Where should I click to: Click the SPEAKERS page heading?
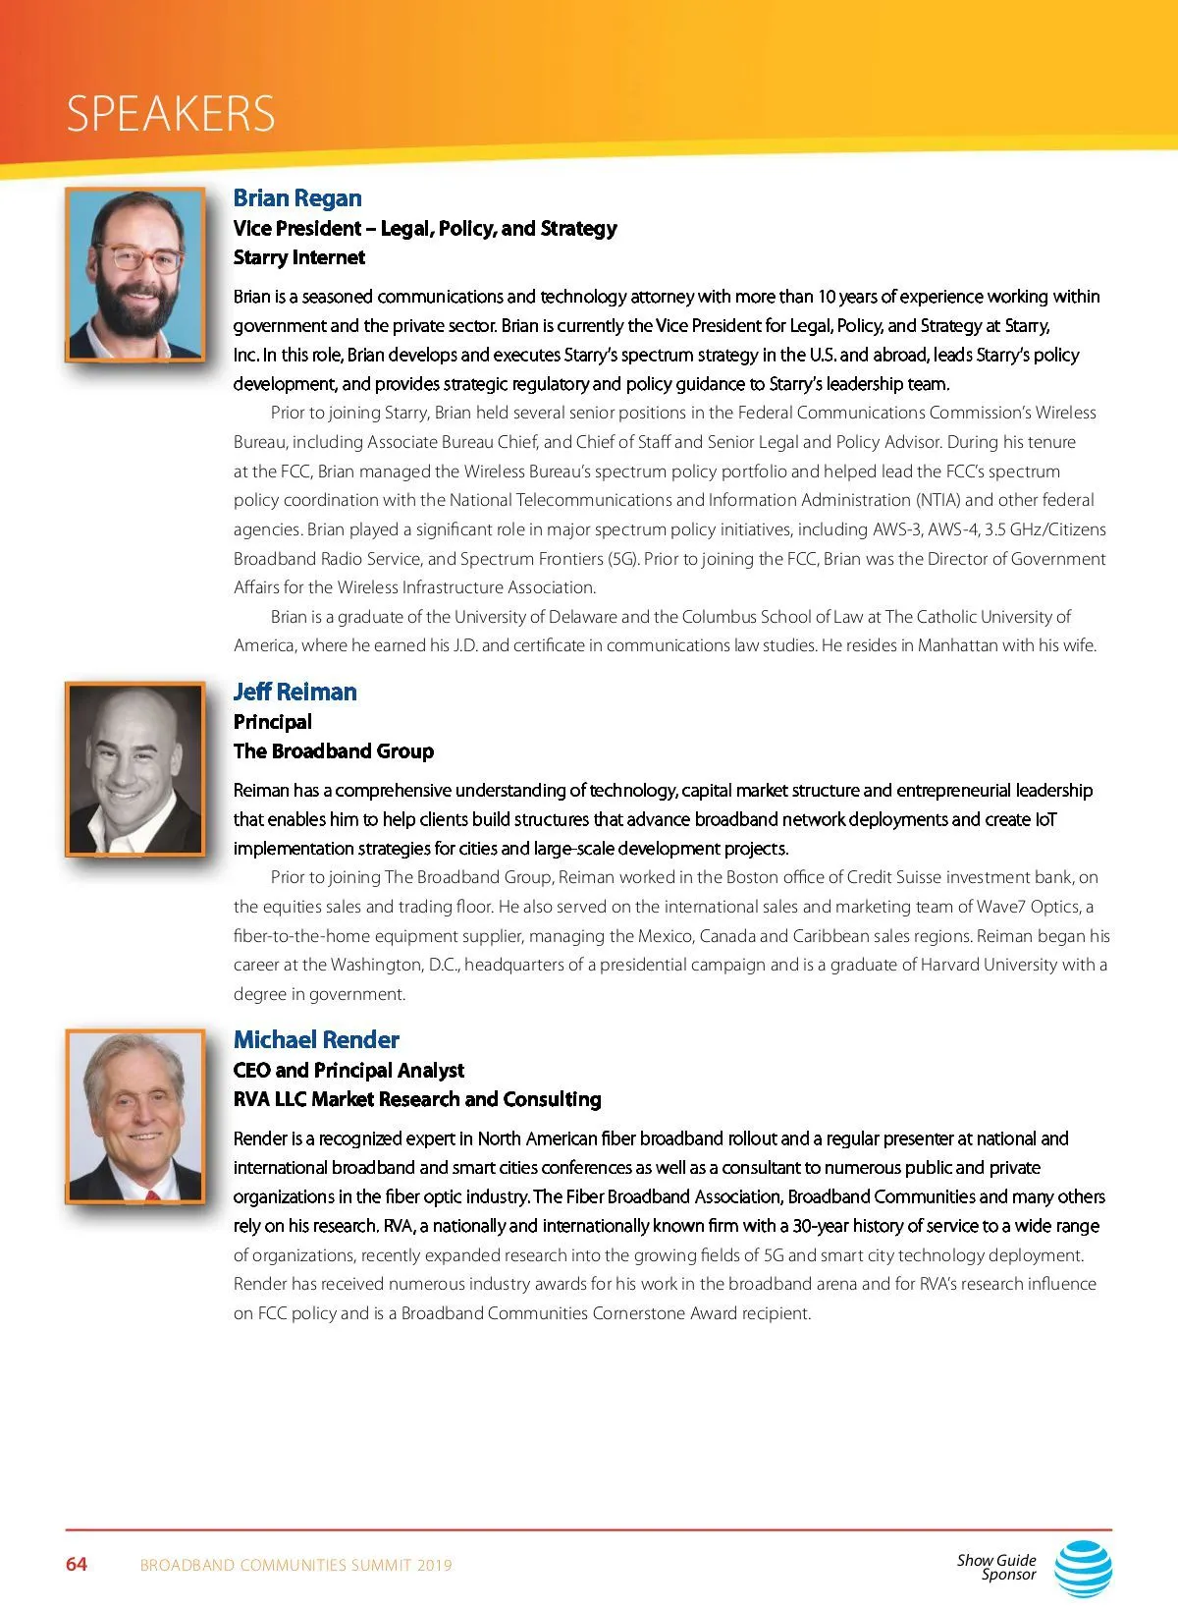click(x=171, y=114)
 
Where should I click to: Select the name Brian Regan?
click(x=297, y=198)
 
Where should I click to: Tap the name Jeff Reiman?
click(x=294, y=692)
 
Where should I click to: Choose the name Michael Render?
click(x=316, y=1039)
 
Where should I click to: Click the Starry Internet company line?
click(x=298, y=257)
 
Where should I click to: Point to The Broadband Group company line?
click(x=333, y=751)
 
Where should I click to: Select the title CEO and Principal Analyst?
click(x=348, y=1070)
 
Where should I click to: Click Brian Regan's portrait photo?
click(x=135, y=274)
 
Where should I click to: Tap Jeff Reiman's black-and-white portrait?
click(x=135, y=768)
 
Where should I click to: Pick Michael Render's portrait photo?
click(x=135, y=1116)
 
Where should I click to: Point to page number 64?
click(x=77, y=1564)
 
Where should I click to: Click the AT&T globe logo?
click(x=1084, y=1567)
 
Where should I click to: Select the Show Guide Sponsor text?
click(x=997, y=1567)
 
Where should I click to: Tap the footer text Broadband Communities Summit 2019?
click(x=295, y=1565)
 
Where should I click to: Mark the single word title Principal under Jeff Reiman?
click(x=272, y=722)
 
